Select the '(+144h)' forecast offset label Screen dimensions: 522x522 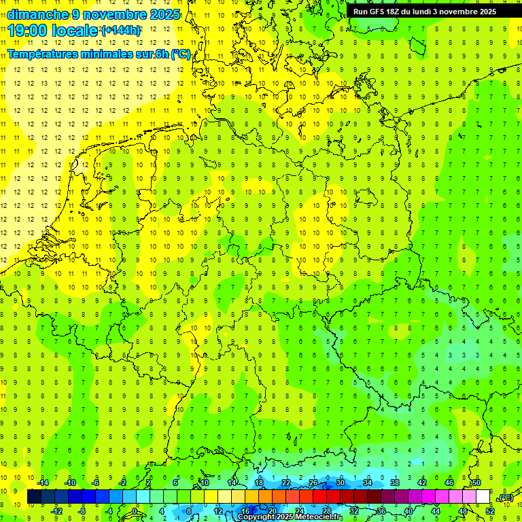121,31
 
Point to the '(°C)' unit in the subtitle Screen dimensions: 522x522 181,54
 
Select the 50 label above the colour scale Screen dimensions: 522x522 476,483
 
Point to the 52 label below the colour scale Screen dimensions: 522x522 490,511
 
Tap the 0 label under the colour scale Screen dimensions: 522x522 135,511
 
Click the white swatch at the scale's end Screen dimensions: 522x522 483,497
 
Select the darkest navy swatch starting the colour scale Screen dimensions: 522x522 34,497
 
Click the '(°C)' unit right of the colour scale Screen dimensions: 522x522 506,498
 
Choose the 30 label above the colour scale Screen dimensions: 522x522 341,483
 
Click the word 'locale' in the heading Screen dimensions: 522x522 76,30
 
